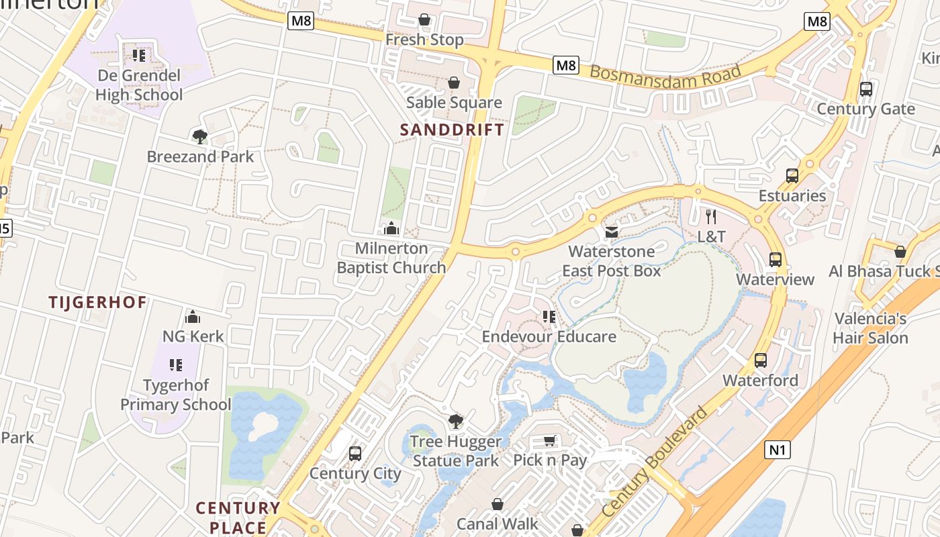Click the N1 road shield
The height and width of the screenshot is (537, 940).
click(x=777, y=449)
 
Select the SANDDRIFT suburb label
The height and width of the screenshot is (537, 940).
click(x=452, y=130)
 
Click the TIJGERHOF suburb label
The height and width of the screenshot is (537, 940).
click(x=97, y=302)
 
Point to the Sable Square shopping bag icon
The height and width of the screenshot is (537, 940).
click(x=454, y=83)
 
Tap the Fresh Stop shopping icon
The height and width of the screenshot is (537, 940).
click(x=424, y=19)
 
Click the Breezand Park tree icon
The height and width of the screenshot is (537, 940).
click(x=199, y=137)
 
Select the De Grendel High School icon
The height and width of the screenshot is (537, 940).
click(x=139, y=55)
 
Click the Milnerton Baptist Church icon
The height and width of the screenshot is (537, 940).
click(x=391, y=228)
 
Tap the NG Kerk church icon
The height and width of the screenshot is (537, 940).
click(x=193, y=316)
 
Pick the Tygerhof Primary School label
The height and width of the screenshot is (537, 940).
click(x=176, y=395)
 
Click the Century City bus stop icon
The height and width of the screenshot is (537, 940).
click(x=355, y=454)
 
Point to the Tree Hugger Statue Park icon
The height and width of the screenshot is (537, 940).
click(x=456, y=422)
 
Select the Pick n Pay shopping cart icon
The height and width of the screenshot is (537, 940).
click(x=550, y=441)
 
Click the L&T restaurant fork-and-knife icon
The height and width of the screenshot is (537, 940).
click(x=712, y=217)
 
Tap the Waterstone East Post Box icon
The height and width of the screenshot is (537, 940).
click(x=612, y=232)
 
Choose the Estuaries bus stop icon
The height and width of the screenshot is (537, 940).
click(x=792, y=176)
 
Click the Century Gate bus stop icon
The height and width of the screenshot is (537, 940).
click(x=866, y=89)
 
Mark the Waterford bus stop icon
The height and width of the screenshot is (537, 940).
click(x=761, y=360)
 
